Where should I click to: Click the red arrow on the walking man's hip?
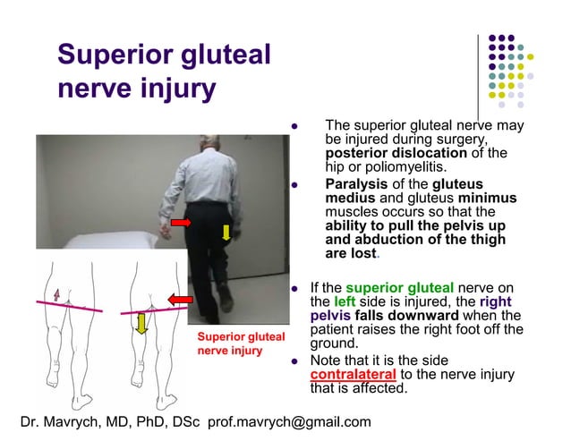tap(182, 221)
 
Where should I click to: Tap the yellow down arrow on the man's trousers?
tap(226, 233)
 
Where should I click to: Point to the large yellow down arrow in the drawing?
tap(141, 323)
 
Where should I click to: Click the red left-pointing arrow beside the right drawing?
tap(182, 299)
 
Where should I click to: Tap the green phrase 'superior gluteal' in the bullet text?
tap(401, 288)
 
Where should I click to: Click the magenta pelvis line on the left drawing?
tap(67, 307)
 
